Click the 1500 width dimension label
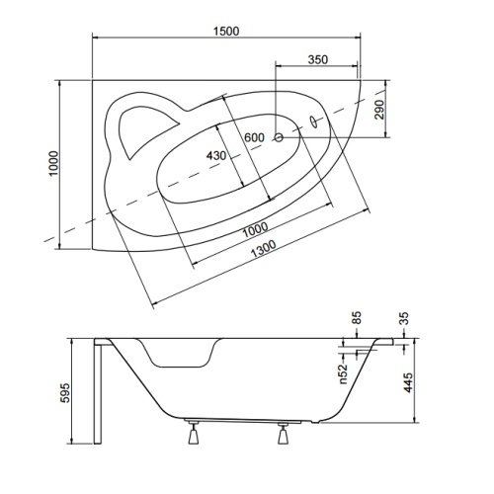coord(226,32)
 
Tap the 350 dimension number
coord(318,59)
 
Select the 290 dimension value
coord(379,110)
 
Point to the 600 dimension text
coord(254,137)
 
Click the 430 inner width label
coord(216,155)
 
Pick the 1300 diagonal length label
coord(263,249)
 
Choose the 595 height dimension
coord(64,392)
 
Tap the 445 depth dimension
coord(408,382)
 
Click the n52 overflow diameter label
coord(343,373)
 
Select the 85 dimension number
coord(357,318)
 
